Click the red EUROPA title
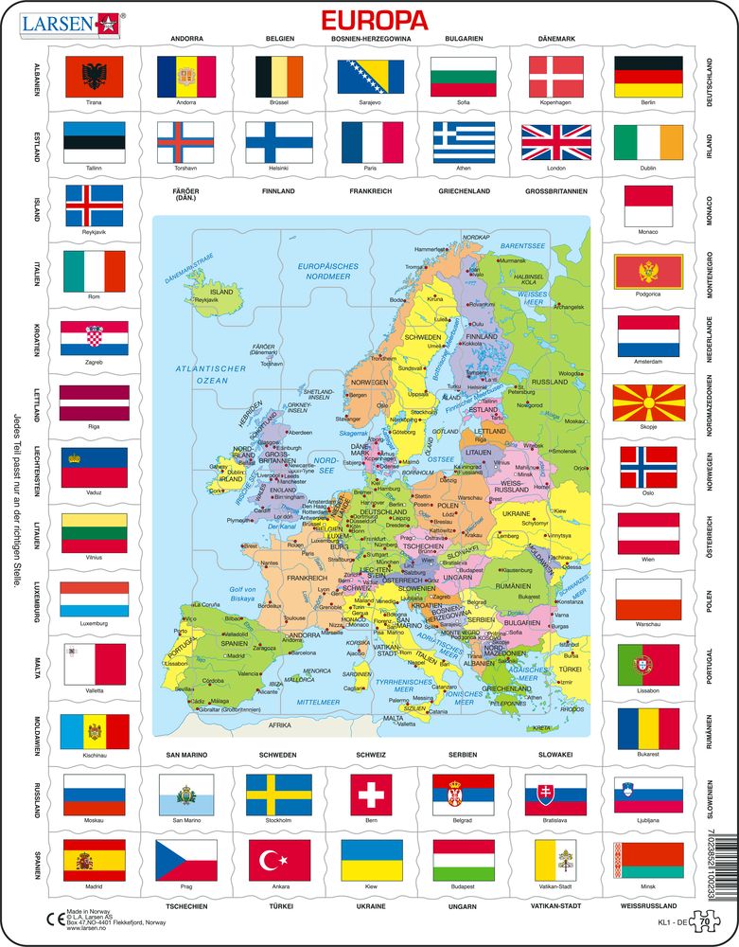(x=375, y=20)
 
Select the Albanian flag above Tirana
(x=94, y=76)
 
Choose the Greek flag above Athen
(x=464, y=142)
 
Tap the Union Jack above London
(x=555, y=142)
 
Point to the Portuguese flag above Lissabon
(x=648, y=664)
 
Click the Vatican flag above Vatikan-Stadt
(x=555, y=859)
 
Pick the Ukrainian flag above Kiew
(x=372, y=859)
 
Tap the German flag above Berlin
(x=648, y=76)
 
